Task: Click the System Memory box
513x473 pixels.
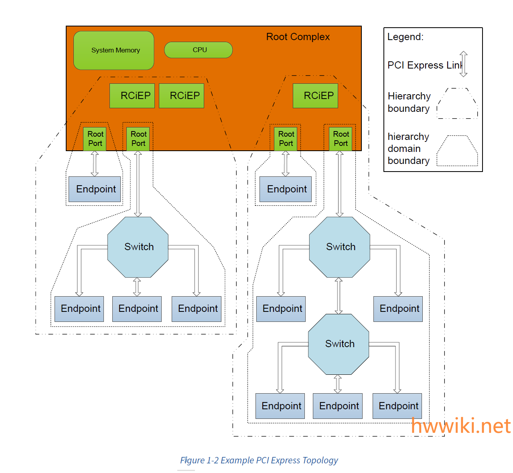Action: click(x=114, y=51)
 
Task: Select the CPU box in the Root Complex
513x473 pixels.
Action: click(x=199, y=50)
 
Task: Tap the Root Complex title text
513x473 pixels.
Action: click(x=298, y=37)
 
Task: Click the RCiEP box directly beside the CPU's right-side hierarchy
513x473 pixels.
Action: click(x=315, y=96)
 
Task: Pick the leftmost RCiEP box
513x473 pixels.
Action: click(x=132, y=96)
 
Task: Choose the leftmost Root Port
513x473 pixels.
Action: click(x=95, y=139)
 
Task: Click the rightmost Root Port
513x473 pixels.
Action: click(x=341, y=139)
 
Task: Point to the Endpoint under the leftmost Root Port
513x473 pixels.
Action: click(x=95, y=189)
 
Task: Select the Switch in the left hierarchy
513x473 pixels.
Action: click(x=138, y=247)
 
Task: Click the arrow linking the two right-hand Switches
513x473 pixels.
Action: click(x=339, y=296)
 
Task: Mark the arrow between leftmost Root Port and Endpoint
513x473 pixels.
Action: click(x=95, y=164)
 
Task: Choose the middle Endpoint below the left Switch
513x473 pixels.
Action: click(x=137, y=309)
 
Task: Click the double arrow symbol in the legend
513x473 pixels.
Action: click(x=463, y=64)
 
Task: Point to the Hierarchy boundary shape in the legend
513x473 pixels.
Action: click(x=457, y=103)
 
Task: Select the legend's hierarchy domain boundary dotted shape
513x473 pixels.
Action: click(x=457, y=151)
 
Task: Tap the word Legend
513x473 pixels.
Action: click(x=405, y=37)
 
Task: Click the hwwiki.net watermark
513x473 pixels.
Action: click(x=461, y=426)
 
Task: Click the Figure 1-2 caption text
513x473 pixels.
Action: click(x=259, y=460)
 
